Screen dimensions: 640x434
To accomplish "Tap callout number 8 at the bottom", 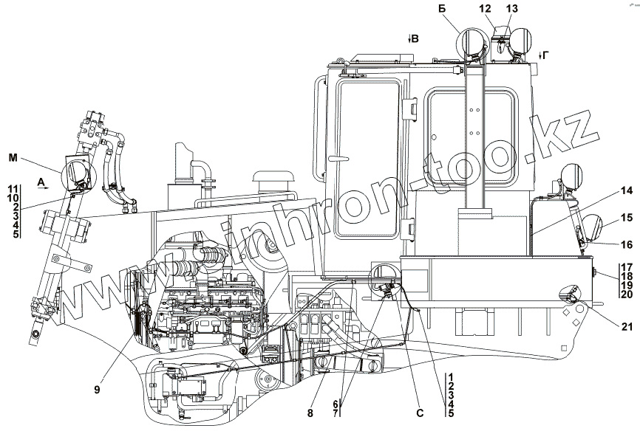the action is click(310, 413).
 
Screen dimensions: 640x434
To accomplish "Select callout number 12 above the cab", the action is click(485, 8).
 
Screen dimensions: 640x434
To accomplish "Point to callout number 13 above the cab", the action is click(512, 8).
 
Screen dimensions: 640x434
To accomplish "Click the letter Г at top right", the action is click(546, 55).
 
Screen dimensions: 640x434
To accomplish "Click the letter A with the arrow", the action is click(41, 182).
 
